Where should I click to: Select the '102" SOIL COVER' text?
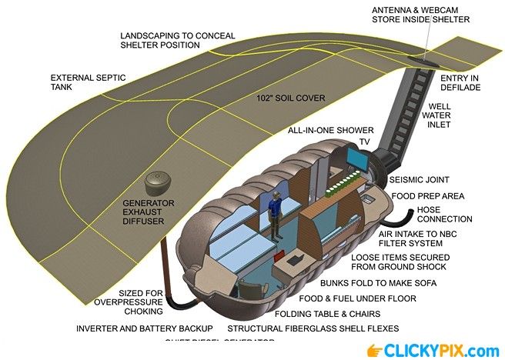coord(290,98)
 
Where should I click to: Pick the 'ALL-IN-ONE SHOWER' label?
coord(330,130)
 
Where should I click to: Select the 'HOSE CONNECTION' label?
coord(444,214)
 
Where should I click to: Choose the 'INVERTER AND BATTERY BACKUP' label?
coord(144,328)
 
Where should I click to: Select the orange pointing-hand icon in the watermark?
coord(375,350)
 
